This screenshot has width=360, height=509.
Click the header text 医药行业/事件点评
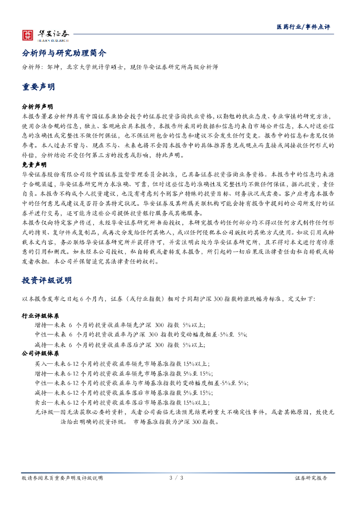[x=303, y=27]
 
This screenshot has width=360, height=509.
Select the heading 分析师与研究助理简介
[x=64, y=53]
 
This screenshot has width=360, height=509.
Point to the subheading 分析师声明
[x=37, y=107]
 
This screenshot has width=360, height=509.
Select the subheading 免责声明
[x=34, y=164]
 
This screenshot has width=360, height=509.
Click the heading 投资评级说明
[x=47, y=281]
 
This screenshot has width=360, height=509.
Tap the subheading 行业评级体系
[x=40, y=316]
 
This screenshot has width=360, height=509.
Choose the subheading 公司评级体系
[x=40, y=354]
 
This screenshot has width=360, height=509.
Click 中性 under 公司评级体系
[x=41, y=383]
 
